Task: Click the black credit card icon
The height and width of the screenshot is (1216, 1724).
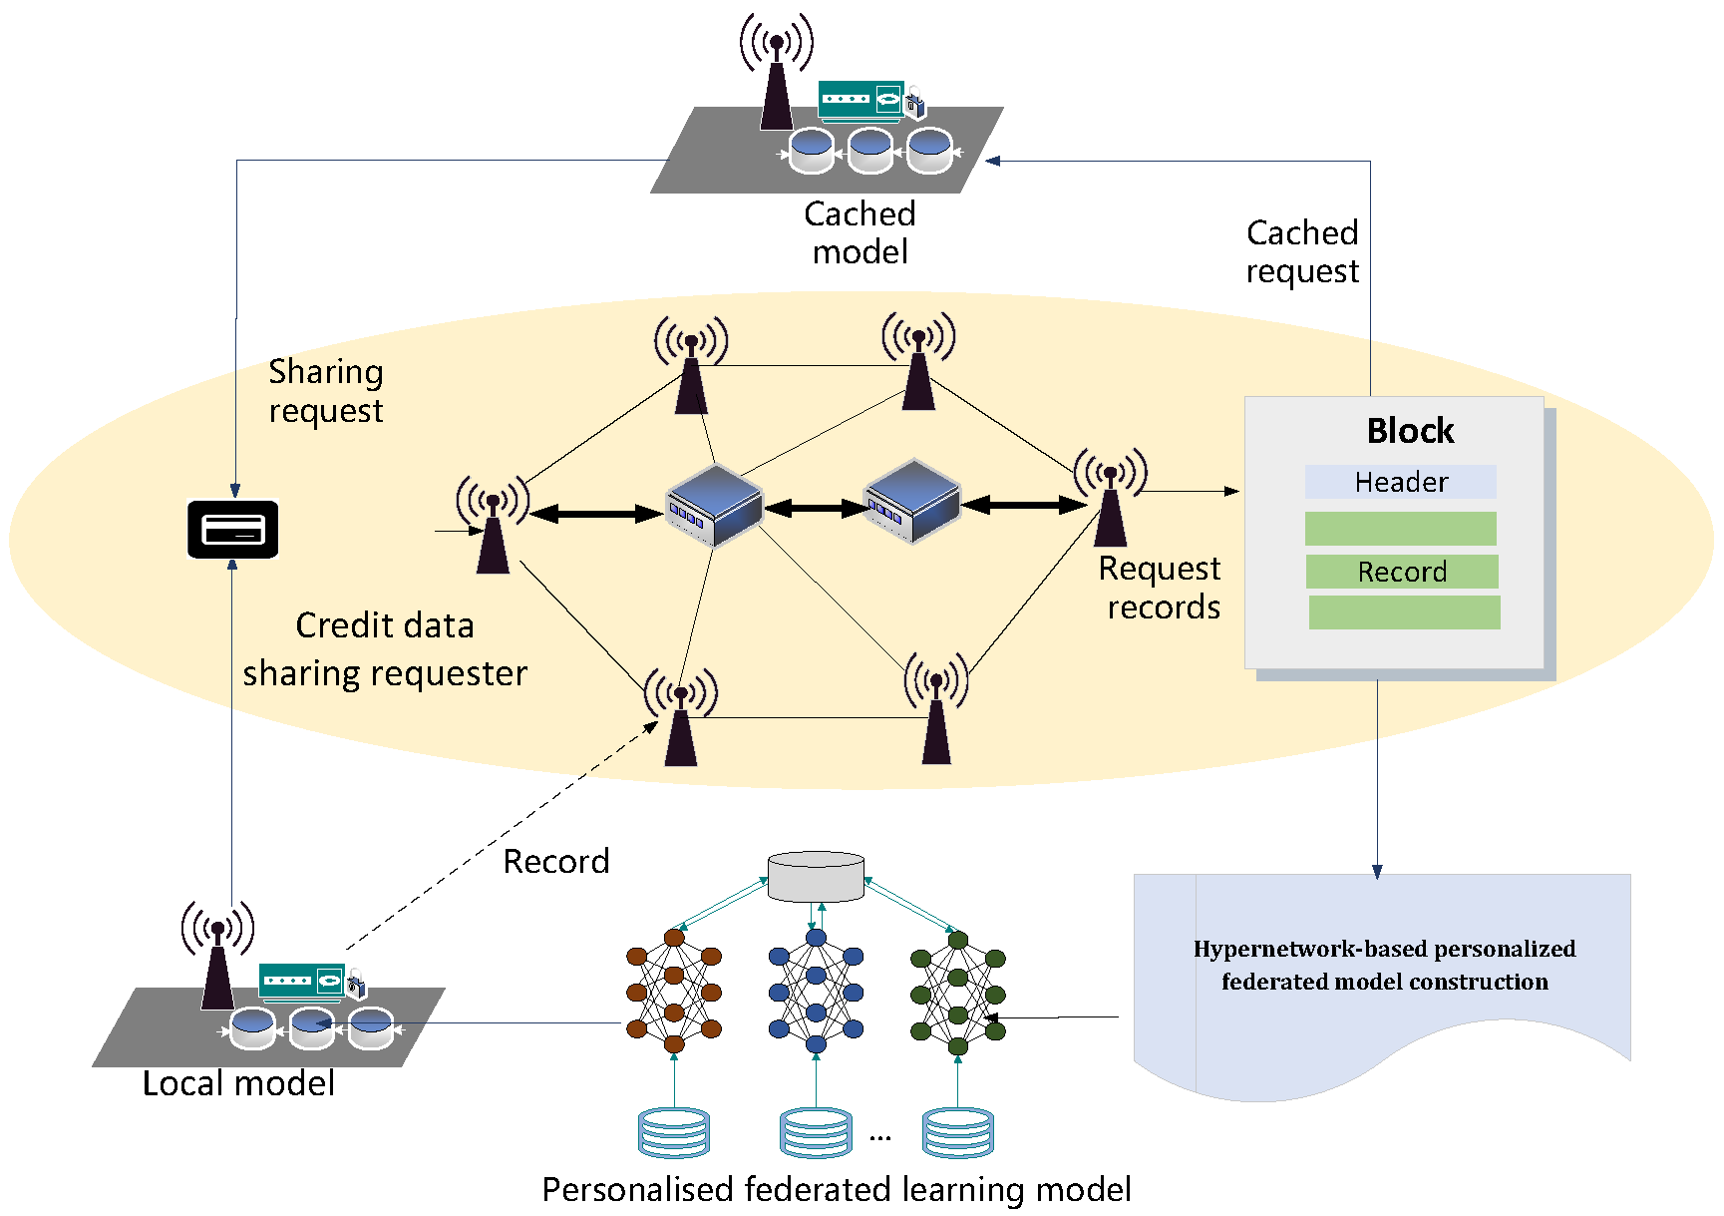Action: [232, 529]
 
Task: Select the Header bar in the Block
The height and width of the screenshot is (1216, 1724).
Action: [1400, 482]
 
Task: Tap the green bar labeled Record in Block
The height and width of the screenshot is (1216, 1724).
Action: [1401, 572]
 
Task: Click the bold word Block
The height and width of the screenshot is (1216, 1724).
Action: [1410, 431]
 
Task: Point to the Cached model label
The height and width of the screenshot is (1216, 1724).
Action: [860, 232]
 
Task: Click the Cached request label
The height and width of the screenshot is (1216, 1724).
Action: [1301, 251]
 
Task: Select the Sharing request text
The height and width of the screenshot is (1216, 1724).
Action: [326, 391]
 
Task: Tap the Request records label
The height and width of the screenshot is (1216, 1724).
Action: [1161, 588]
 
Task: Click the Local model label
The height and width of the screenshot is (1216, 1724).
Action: [238, 1083]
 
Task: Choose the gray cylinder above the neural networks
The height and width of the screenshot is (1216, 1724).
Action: [816, 876]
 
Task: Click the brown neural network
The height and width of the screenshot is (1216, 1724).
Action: [674, 992]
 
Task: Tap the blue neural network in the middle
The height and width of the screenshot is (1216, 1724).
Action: [816, 992]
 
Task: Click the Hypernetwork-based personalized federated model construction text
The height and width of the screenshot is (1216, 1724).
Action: [1384, 965]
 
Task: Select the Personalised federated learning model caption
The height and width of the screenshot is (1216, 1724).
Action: [836, 1189]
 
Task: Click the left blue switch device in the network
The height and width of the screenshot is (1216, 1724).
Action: [714, 506]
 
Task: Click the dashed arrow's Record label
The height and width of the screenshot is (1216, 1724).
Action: [555, 861]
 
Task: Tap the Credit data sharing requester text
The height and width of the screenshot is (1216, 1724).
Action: [385, 649]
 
